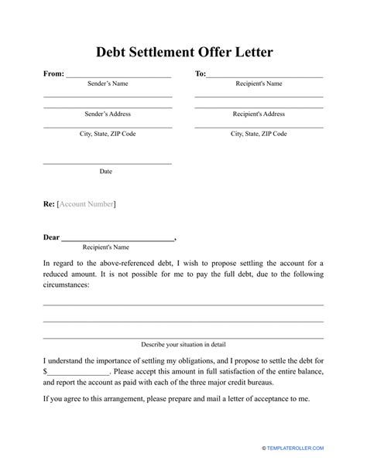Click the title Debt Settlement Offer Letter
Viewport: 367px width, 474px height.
[183, 53]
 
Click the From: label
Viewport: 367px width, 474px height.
[54, 74]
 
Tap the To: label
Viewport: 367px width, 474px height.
[200, 74]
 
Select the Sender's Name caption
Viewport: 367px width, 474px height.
[106, 84]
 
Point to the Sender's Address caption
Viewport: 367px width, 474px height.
[108, 114]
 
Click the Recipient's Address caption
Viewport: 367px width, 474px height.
[259, 114]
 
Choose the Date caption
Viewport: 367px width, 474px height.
[106, 172]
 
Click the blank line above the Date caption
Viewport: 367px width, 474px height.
[108, 163]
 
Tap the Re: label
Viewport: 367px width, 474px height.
[49, 204]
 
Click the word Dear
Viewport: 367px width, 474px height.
[51, 237]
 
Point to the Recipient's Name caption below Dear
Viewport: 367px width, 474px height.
[106, 247]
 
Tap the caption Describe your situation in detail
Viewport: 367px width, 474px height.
[183, 343]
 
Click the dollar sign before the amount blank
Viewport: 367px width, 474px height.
[46, 371]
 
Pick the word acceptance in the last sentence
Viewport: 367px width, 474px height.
[271, 399]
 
